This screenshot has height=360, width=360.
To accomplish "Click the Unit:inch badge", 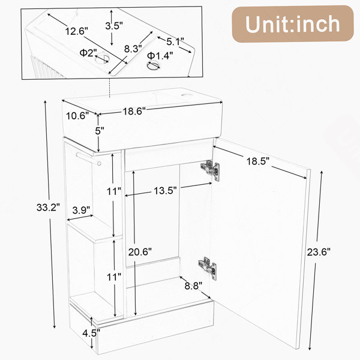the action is click(293, 24).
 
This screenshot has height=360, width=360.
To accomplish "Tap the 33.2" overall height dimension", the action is click(48, 208).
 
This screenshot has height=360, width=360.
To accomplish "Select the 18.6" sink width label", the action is click(134, 112).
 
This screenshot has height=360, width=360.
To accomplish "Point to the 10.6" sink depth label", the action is click(77, 116).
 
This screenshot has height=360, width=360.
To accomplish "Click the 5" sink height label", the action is click(100, 131).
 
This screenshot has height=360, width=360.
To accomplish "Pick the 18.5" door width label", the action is click(257, 161).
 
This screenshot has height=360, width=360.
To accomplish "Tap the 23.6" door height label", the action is click(319, 253).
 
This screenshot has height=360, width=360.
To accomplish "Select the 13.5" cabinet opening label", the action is click(166, 191).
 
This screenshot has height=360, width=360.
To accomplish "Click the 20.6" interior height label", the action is click(140, 252).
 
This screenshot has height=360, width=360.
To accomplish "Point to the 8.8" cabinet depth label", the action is click(194, 286).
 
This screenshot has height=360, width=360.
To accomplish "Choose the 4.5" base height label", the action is click(91, 333).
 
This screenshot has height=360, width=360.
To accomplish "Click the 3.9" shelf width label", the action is click(81, 210).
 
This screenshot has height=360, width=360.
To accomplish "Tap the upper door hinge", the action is click(210, 170).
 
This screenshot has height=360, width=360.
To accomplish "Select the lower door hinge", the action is click(208, 268).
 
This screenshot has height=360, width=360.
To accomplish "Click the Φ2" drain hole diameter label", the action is click(88, 53).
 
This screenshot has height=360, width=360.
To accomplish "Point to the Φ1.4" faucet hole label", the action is click(160, 56).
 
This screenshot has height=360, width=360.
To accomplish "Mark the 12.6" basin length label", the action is click(76, 31).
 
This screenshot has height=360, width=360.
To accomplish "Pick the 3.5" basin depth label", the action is click(114, 26).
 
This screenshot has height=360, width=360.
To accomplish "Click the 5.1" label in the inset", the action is click(175, 42).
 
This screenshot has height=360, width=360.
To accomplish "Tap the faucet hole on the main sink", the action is click(185, 95).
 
